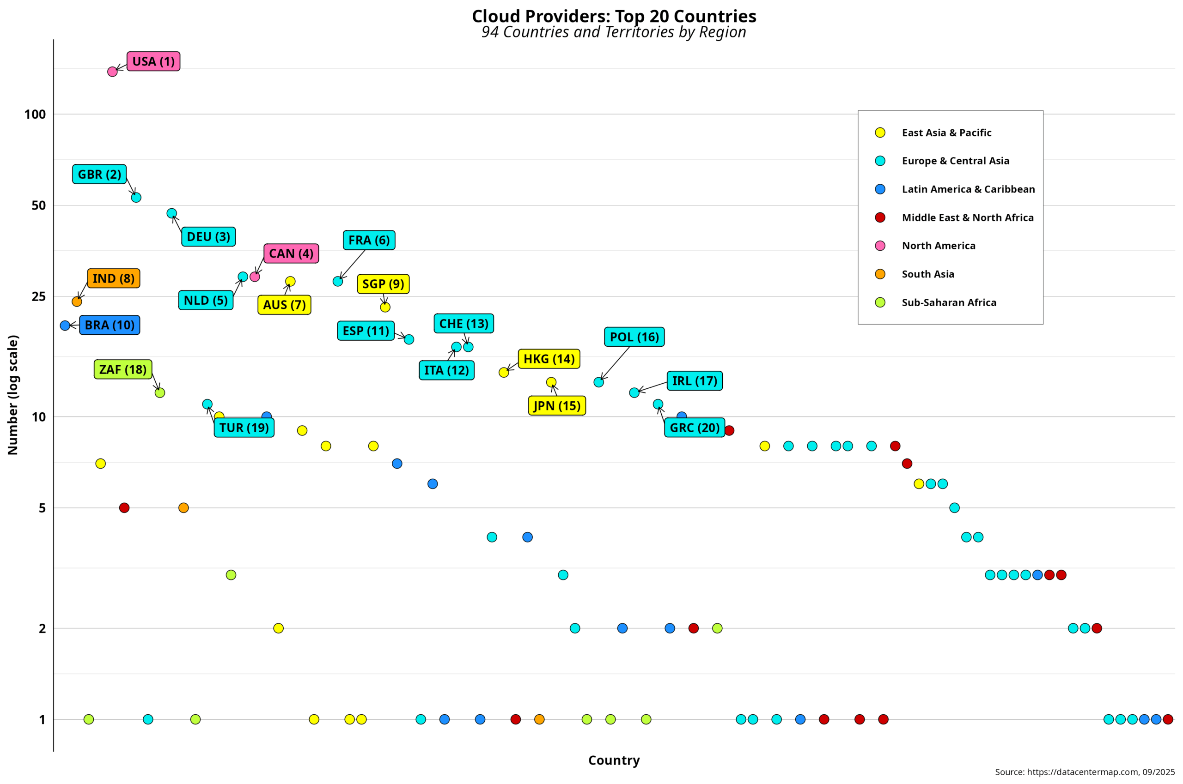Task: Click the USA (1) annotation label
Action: pos(153,61)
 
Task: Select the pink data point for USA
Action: pos(113,72)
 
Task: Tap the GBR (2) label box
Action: pos(99,175)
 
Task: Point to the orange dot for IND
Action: pos(77,302)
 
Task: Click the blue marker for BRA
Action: pos(65,326)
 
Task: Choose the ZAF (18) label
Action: pos(122,369)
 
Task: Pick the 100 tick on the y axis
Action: pos(35,115)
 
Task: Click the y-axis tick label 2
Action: pos(42,628)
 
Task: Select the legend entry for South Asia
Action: pos(927,274)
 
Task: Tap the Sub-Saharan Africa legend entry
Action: pos(948,302)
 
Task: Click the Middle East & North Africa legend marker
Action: pos(880,217)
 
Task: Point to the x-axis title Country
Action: pos(614,760)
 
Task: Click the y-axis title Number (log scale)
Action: pos(13,395)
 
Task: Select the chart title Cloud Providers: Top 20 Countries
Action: pos(614,17)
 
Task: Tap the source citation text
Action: pos(1085,772)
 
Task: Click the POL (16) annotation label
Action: pos(634,337)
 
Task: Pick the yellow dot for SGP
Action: pos(385,307)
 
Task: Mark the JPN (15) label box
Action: pos(556,405)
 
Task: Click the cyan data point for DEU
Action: pos(171,213)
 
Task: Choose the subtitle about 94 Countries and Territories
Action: pos(614,32)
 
